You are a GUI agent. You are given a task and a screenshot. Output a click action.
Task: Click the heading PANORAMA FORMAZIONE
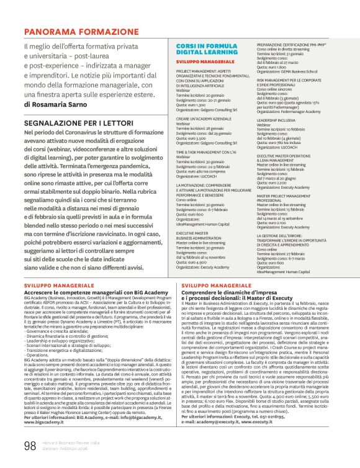[73, 31]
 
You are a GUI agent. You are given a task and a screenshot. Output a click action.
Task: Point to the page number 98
[30, 444]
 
